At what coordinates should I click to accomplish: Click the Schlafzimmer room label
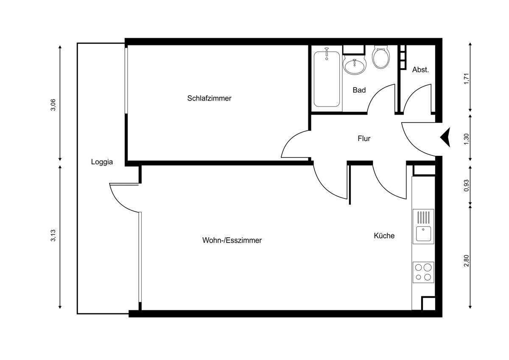(209, 98)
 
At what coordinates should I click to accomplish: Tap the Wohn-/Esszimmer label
(232, 240)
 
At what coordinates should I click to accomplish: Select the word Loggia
(102, 162)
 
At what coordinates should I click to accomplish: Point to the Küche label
(384, 236)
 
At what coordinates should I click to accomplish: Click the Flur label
(364, 138)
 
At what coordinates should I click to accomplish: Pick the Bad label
(359, 90)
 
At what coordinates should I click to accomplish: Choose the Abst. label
(420, 70)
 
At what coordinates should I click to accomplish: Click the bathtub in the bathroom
(327, 79)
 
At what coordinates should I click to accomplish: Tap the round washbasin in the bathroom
(354, 66)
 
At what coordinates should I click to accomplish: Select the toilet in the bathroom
(380, 58)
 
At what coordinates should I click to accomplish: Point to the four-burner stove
(423, 272)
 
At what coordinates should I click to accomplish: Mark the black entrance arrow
(445, 138)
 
